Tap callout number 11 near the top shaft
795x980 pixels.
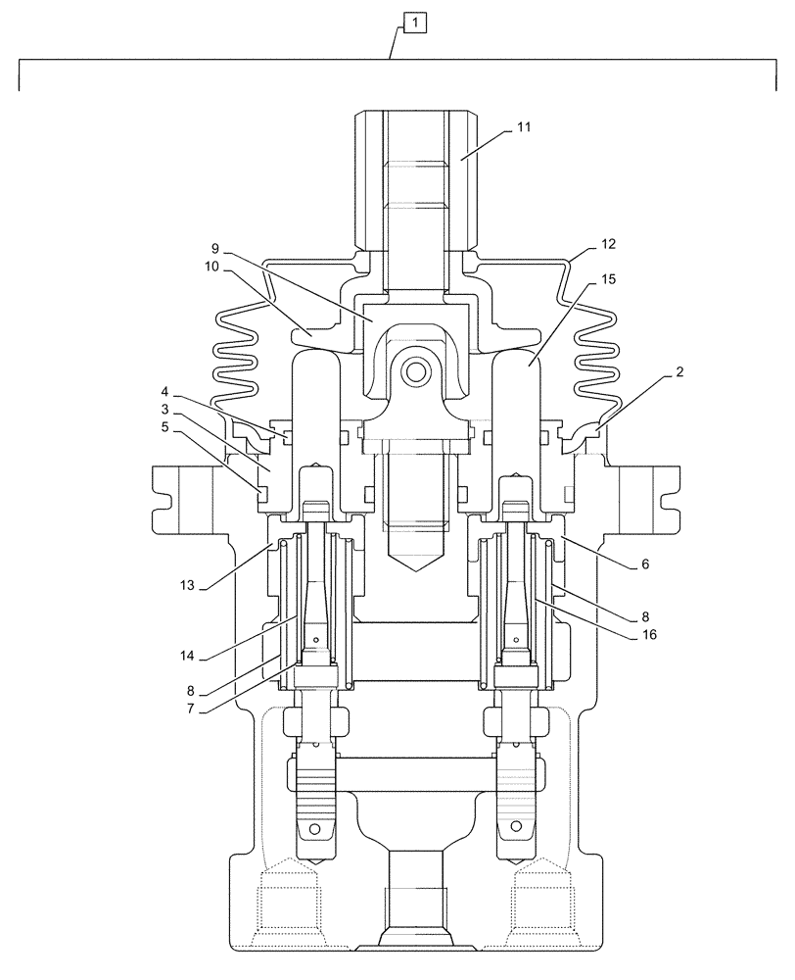(x=524, y=128)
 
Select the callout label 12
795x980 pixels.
(x=608, y=243)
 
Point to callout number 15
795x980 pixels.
(x=608, y=279)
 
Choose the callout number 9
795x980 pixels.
(x=214, y=250)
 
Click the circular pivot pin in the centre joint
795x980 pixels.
(x=412, y=373)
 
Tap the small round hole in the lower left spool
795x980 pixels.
(x=315, y=829)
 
